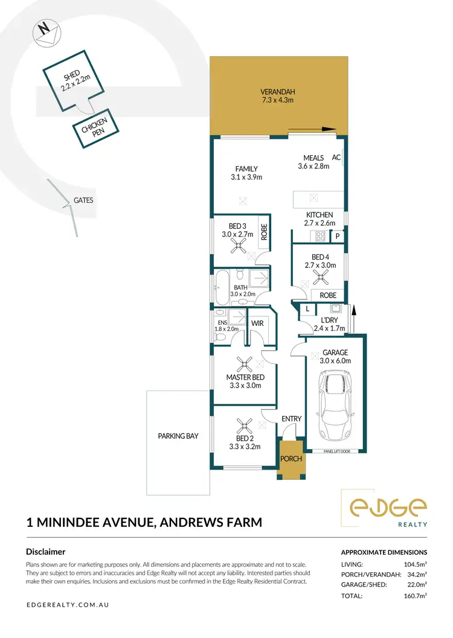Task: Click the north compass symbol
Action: pyautogui.click(x=45, y=33)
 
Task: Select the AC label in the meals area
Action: pyautogui.click(x=337, y=158)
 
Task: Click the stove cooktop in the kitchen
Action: pyautogui.click(x=320, y=236)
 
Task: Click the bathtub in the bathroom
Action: pyautogui.click(x=221, y=288)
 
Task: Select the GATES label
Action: pyautogui.click(x=83, y=200)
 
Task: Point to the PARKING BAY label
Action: pyautogui.click(x=178, y=436)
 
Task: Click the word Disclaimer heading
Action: pyautogui.click(x=46, y=552)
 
